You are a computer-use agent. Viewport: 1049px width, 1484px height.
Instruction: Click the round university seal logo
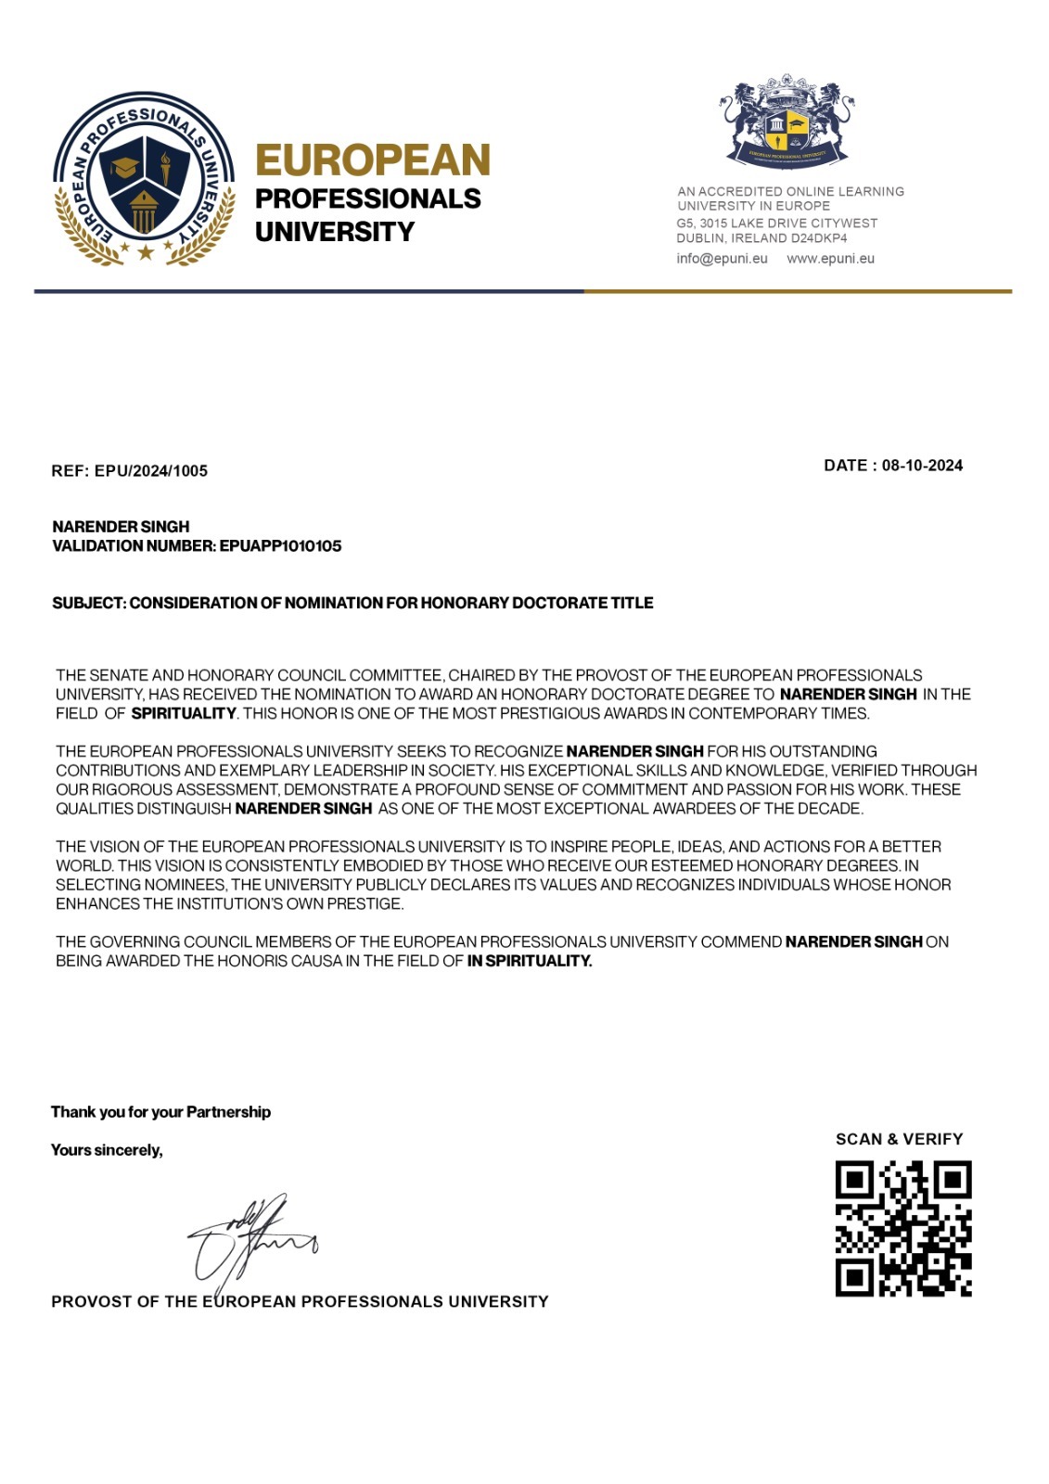click(x=144, y=179)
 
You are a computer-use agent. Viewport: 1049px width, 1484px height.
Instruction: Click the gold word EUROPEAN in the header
click(x=372, y=160)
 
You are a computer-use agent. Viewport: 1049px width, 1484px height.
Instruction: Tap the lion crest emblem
click(x=787, y=122)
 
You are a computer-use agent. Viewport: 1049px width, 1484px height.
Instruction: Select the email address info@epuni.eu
click(x=722, y=259)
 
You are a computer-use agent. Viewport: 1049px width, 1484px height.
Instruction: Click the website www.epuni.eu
click(x=830, y=259)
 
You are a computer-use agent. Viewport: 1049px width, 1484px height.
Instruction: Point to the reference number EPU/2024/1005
click(x=151, y=471)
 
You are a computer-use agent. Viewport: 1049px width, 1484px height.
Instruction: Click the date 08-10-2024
click(x=922, y=466)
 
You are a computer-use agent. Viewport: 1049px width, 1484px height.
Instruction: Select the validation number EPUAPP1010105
click(x=280, y=546)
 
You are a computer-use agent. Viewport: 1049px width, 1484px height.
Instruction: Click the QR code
click(x=902, y=1228)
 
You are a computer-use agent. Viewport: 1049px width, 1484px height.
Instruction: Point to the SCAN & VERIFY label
click(x=899, y=1139)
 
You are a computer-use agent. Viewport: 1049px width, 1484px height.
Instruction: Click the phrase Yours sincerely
click(x=107, y=1150)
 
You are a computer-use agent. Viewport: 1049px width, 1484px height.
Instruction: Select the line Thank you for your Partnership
click(x=160, y=1112)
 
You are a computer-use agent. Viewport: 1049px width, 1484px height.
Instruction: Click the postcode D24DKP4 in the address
click(x=817, y=238)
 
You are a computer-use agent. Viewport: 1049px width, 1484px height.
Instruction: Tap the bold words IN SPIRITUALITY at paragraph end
click(x=529, y=961)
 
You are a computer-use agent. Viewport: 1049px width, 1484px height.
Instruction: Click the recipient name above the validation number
click(x=121, y=527)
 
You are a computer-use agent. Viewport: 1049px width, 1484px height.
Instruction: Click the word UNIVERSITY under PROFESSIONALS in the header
click(x=334, y=232)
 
